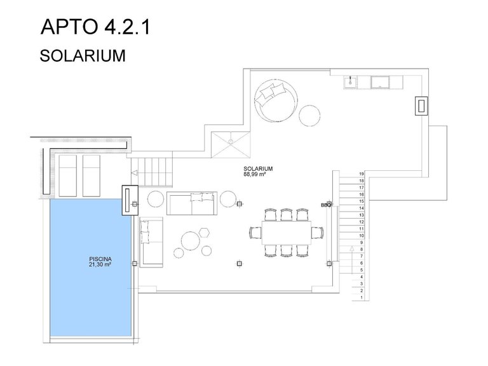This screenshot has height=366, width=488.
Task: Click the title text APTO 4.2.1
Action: coord(95,27)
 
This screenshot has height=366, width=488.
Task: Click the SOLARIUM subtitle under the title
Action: coord(83,56)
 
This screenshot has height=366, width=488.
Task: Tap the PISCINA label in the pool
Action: coord(100,259)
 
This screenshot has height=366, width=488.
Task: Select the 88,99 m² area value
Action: coord(254,174)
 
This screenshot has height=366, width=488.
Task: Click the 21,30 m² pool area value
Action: coord(100,264)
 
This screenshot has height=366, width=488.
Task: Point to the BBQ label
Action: coord(326,205)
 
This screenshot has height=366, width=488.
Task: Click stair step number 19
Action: coord(362,174)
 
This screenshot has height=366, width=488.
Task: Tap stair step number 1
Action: coord(362,297)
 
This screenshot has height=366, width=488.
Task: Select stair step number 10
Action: coord(362,236)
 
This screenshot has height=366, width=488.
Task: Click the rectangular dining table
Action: coord(287,233)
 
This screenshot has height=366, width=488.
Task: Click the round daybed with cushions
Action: coord(275,100)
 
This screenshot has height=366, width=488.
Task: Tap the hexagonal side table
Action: coord(204,233)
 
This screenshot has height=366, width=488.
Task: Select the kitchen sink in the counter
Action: coord(351,82)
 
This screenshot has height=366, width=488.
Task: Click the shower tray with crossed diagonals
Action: coord(231,145)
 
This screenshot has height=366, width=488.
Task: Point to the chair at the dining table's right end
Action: coord(318,233)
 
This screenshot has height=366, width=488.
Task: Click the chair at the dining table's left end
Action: coord(255,233)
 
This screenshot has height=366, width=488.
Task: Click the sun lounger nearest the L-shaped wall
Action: coord(67,176)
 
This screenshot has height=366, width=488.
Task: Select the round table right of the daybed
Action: coord(309,116)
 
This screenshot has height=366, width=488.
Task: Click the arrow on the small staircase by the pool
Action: coord(135,173)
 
